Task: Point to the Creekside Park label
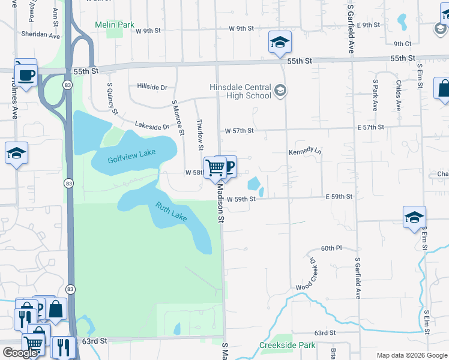pos(279,346)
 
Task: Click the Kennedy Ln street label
pos(305,152)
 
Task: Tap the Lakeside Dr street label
pos(152,126)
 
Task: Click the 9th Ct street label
pos(402,44)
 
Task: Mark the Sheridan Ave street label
pos(41,35)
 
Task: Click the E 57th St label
pos(370,128)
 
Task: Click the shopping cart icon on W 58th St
pos(215,167)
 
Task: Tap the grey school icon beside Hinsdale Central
pos(280,91)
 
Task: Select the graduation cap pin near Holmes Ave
pos(16,153)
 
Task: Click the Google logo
pos(20,353)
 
